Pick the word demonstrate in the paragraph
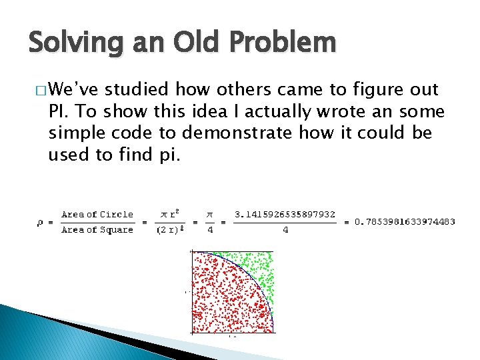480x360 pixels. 237,133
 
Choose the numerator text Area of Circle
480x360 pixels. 97,215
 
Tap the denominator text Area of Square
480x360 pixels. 97,230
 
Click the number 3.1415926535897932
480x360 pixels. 285,215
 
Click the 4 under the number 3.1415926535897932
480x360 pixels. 285,230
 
